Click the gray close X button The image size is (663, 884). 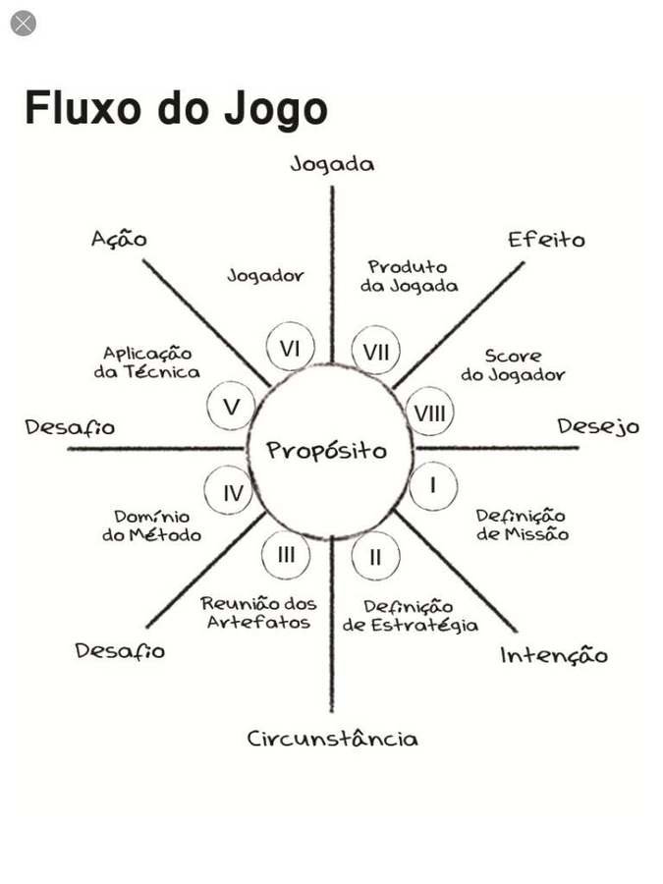pos(23,23)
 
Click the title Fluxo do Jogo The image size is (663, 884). pos(175,108)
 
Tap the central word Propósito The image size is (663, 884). pos(327,451)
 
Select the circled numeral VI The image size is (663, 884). pos(290,349)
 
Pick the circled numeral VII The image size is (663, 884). pos(375,352)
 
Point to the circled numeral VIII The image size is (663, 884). pos(429,414)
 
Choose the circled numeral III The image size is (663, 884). pos(286,555)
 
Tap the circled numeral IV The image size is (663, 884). pos(232,493)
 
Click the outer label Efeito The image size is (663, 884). pos(546,240)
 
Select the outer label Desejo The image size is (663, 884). pos(598,427)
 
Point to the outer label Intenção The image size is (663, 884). pos(554,655)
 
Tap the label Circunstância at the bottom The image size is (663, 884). pos(332,739)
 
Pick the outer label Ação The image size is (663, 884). pos(119,239)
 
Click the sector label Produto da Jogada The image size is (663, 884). pos(408,276)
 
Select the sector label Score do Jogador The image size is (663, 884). pos(512,365)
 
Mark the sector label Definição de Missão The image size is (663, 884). pos(522,525)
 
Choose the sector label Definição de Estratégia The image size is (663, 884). pos(410,616)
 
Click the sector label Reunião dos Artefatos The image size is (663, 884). pos(258,613)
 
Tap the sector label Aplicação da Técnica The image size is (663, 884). pos(147,361)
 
